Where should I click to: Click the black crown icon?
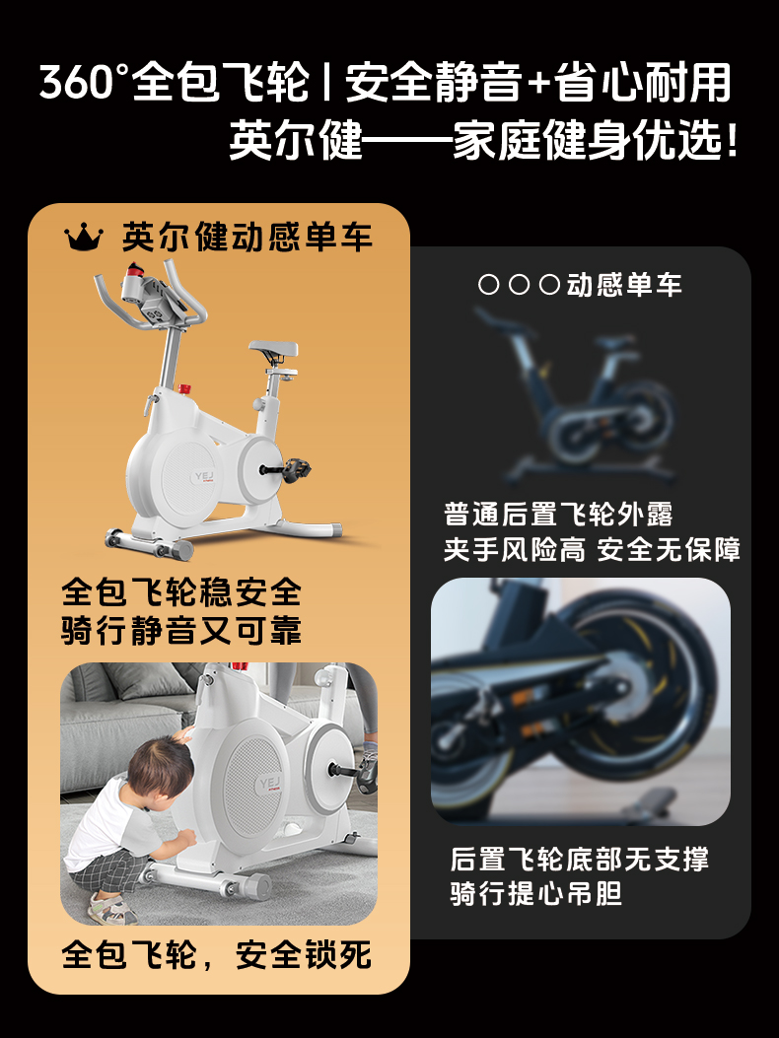click(x=84, y=237)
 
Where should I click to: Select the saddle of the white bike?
click(x=273, y=349)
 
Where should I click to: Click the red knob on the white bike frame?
click(x=184, y=388)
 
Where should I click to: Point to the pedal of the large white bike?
click(x=295, y=469)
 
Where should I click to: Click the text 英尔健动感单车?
click(x=248, y=237)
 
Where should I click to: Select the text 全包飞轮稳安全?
click(x=181, y=591)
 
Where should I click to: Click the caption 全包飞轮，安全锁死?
click(x=217, y=954)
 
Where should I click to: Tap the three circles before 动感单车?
click(x=519, y=285)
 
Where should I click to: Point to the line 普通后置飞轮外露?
click(x=558, y=515)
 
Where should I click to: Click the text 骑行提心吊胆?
click(x=536, y=893)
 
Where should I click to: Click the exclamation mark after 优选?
click(x=732, y=140)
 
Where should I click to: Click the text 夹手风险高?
click(x=514, y=549)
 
